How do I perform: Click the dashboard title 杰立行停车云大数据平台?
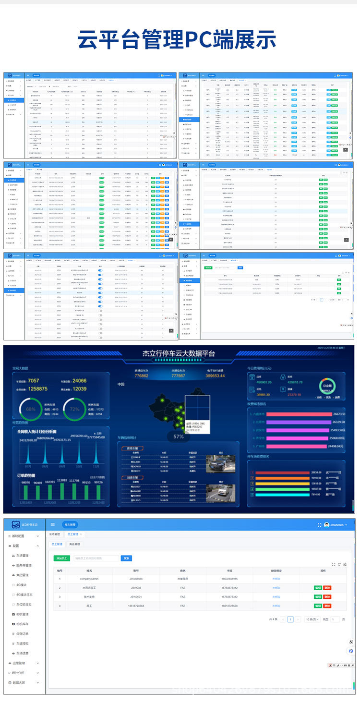tap(179, 354)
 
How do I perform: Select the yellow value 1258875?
tap(38, 388)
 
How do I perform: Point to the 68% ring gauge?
tap(31, 409)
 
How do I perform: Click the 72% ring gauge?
tap(74, 409)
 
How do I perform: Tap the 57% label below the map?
tap(179, 436)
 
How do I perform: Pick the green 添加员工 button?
tap(62, 558)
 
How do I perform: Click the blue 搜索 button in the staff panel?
tap(126, 558)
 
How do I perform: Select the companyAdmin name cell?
tap(89, 579)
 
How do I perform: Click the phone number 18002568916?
tap(229, 579)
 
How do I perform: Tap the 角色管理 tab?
tap(76, 545)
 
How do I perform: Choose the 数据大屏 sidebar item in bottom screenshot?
tap(22, 682)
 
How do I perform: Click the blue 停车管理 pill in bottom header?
tap(69, 525)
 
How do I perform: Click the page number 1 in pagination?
tap(290, 619)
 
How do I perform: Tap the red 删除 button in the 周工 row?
tap(327, 606)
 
